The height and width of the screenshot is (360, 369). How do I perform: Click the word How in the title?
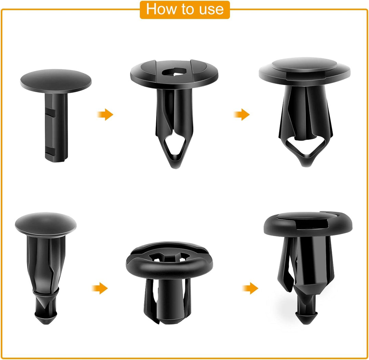[x=161, y=9]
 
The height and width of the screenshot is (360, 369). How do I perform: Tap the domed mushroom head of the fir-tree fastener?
[x=45, y=224]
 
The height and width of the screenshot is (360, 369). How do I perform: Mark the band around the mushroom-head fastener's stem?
[x=45, y=292]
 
